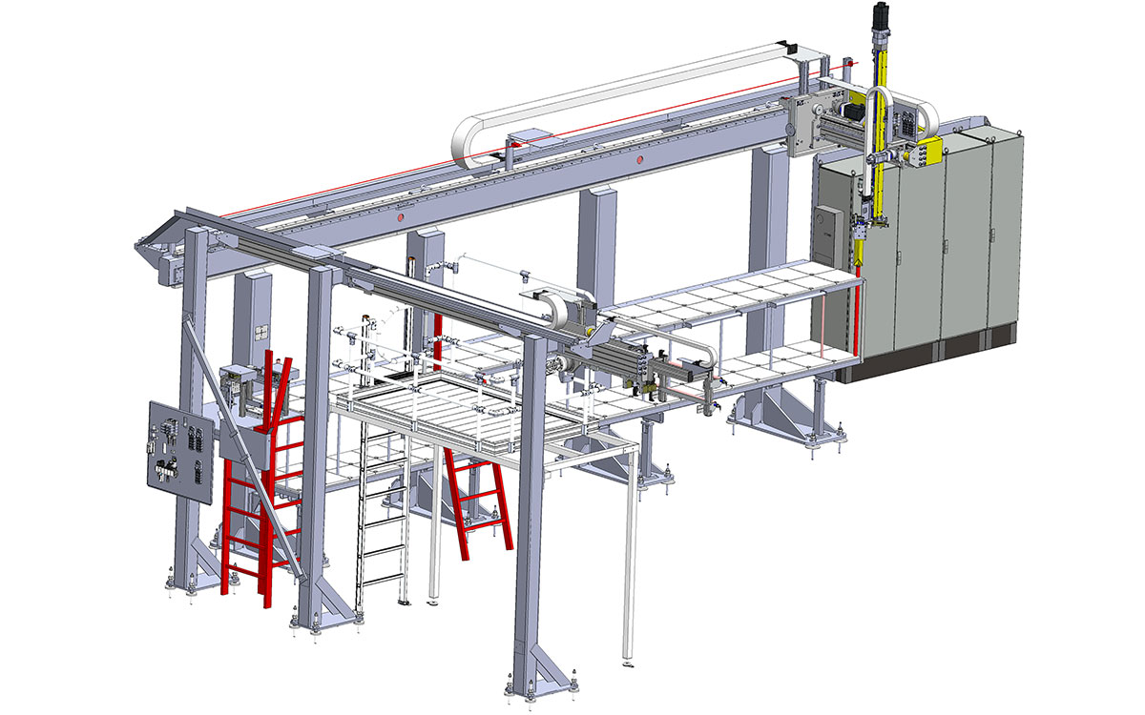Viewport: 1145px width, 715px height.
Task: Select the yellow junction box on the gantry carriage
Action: (x=930, y=150)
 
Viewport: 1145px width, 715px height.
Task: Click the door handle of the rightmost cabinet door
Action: (x=992, y=237)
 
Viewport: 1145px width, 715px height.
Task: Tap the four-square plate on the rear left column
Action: (x=260, y=334)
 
